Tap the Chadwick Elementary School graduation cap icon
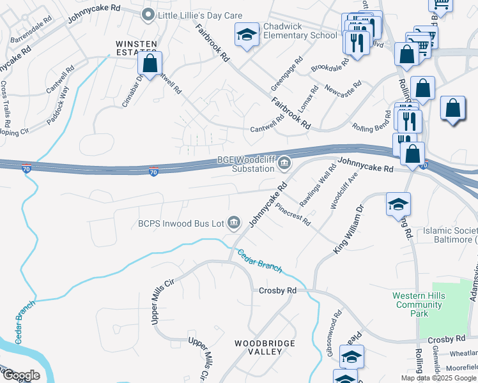click(247, 36)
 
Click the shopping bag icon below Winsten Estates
click(150, 64)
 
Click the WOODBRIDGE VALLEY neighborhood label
click(264, 347)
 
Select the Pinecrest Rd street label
click(293, 214)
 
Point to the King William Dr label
click(349, 230)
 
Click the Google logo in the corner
click(20, 375)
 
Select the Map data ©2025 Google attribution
click(438, 378)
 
